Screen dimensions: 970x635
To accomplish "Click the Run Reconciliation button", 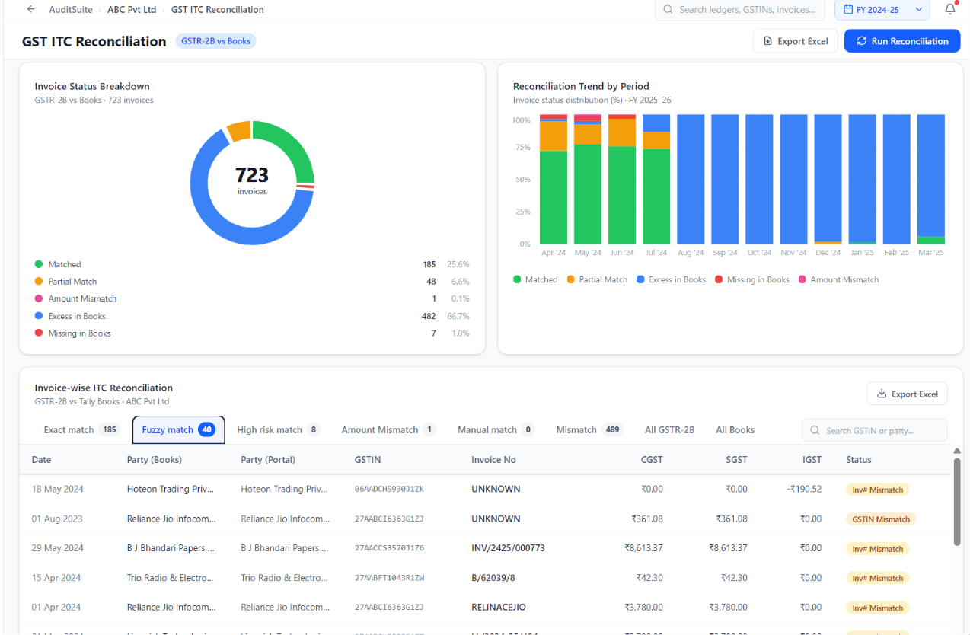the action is (902, 41).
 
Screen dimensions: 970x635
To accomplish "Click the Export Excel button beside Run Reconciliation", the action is (796, 41).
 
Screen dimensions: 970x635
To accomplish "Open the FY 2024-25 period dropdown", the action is (882, 10).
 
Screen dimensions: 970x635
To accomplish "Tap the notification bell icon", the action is (950, 9).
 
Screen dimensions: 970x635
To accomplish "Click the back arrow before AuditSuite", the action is (30, 9).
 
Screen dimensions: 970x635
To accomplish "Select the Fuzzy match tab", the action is (178, 429).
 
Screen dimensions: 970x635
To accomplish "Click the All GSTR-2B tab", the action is (669, 429).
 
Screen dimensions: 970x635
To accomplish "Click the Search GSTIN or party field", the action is (874, 430).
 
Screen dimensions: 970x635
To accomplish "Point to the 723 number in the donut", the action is (252, 175).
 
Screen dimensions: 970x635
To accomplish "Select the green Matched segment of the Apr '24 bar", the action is (554, 197).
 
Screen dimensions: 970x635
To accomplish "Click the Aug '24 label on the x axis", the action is (691, 253).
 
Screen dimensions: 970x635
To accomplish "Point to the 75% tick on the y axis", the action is (523, 147).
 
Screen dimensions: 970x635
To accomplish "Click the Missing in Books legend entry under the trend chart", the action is (752, 280).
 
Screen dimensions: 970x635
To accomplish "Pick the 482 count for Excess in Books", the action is (429, 316).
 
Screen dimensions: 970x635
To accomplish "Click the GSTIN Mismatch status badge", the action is (881, 519).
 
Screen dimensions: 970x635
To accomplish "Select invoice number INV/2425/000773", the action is (508, 548).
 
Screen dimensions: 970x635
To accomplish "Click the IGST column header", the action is (812, 460).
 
